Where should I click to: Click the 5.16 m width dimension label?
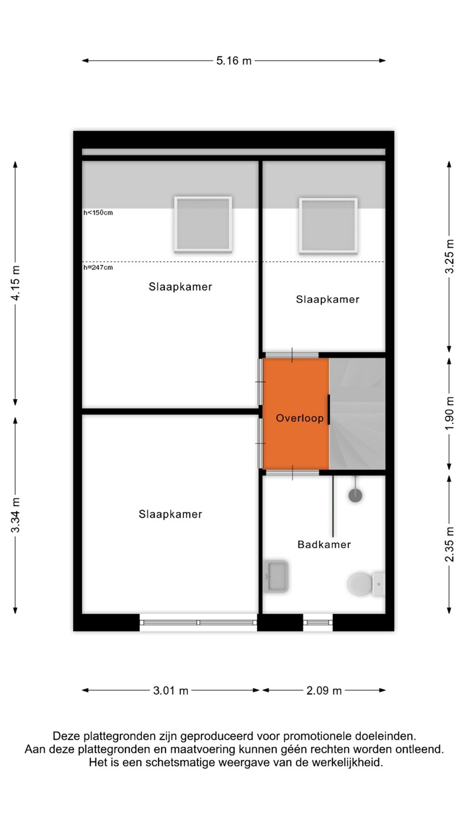coord(234,60)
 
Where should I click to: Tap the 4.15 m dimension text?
coord(16,283)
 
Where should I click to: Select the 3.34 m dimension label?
coord(16,515)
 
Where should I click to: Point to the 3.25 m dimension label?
coord(449,256)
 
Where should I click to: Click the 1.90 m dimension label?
coord(449,413)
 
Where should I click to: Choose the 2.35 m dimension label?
coord(449,544)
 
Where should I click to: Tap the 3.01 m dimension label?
coord(171,690)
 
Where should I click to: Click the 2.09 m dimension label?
coord(324,690)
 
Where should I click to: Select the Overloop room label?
coord(300,418)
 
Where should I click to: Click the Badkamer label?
coord(324,544)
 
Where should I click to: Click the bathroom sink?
coord(276,576)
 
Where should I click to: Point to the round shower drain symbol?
coord(355,496)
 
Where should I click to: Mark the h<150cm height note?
coord(98,213)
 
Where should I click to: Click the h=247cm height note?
coord(98,268)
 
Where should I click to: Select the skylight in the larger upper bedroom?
coord(203,225)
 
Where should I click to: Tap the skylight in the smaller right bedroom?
coord(328,226)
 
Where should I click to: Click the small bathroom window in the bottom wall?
coord(318,622)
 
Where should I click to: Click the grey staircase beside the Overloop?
coord(357,414)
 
